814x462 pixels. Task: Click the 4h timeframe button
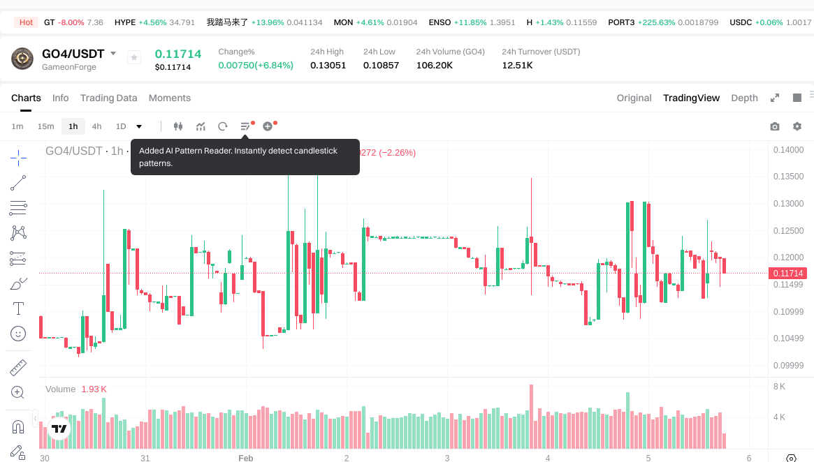(x=96, y=126)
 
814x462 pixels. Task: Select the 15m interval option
(x=45, y=126)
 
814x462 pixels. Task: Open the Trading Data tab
(x=108, y=98)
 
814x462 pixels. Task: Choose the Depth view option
(x=744, y=98)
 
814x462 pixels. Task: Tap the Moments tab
(x=170, y=98)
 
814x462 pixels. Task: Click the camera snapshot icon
(x=774, y=126)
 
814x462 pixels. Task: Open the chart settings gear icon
(x=797, y=126)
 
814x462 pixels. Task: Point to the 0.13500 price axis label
(x=787, y=177)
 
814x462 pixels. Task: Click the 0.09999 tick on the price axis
(x=787, y=366)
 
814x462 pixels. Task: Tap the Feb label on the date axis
(x=245, y=458)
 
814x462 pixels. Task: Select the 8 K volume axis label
(x=779, y=386)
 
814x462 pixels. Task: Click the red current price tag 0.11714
(x=787, y=273)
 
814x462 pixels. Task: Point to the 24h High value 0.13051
(x=328, y=65)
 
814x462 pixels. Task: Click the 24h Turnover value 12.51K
(x=517, y=65)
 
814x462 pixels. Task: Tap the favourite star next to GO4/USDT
(x=134, y=57)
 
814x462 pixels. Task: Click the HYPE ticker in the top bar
(x=125, y=22)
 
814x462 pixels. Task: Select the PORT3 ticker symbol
(x=621, y=22)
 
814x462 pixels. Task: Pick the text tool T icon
(x=18, y=308)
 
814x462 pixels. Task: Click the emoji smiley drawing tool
(x=18, y=334)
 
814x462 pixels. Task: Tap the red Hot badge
(x=26, y=22)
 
